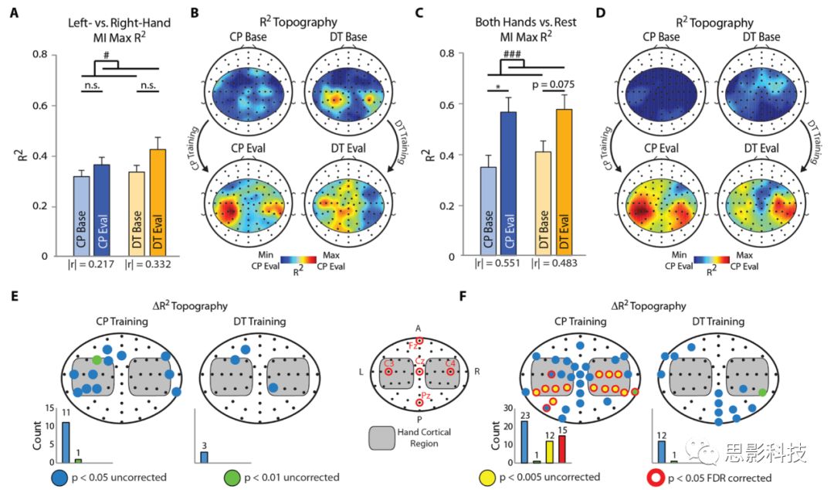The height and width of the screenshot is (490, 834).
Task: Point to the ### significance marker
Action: pos(510,54)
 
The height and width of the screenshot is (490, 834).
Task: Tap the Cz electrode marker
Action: pos(419,372)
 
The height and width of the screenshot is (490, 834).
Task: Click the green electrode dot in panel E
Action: pos(97,359)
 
